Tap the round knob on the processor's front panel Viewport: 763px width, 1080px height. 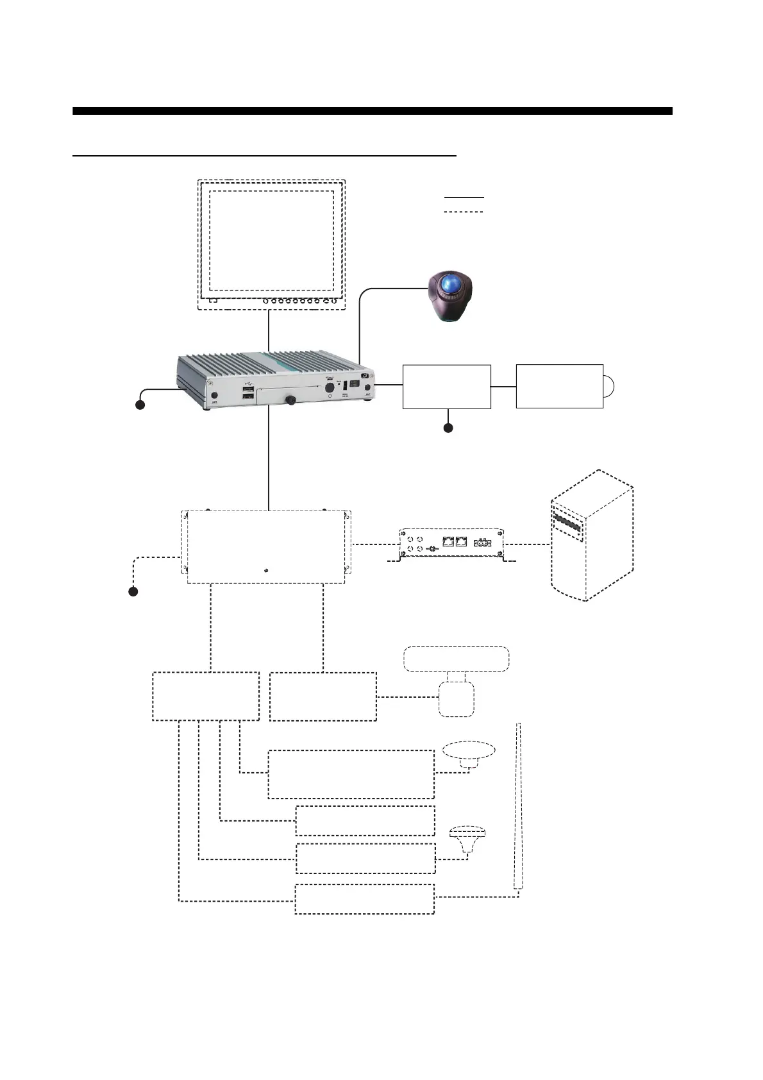click(x=290, y=400)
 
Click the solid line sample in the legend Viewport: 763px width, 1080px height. click(x=464, y=198)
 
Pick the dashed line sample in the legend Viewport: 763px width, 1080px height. click(x=464, y=212)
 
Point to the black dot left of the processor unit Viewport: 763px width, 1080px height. click(x=140, y=405)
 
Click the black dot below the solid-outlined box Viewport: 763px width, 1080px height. click(x=448, y=428)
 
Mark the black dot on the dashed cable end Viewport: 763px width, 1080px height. click(x=133, y=591)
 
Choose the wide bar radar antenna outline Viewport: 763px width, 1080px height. click(x=456, y=659)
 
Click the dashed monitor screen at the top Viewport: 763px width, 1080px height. click(x=271, y=244)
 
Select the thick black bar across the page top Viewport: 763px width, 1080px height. click(x=372, y=111)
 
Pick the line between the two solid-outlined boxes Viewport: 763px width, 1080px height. click(x=503, y=387)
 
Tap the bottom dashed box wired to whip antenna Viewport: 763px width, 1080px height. click(x=364, y=899)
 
